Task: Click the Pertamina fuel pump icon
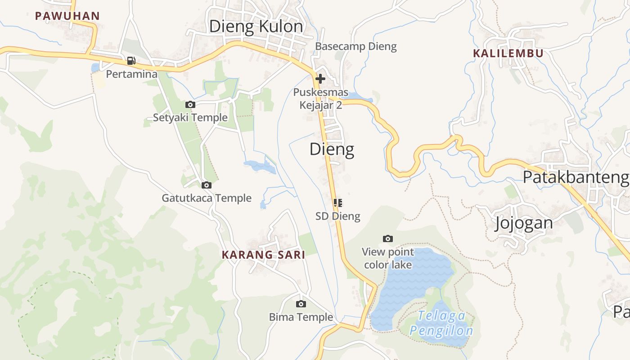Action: coord(131,60)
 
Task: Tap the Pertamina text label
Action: coord(132,74)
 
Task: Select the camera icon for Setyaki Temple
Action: coord(190,105)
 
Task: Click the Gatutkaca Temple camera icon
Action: coord(207,185)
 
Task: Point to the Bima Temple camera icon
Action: coord(301,304)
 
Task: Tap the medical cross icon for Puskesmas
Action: coord(320,79)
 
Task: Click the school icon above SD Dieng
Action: coord(338,203)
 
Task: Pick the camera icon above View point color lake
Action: coord(387,238)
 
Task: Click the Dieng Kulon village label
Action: coord(256,27)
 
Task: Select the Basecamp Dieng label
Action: coord(356,46)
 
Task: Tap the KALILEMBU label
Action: coord(508,53)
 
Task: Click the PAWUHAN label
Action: coord(67,16)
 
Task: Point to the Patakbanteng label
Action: coord(576,177)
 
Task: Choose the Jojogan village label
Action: coord(524,223)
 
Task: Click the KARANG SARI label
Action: coord(263,255)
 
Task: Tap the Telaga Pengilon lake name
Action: coord(441,324)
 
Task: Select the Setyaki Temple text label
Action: coord(190,118)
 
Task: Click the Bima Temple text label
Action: coord(301,317)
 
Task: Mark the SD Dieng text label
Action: coord(338,216)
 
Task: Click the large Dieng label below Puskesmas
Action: coord(332,149)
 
